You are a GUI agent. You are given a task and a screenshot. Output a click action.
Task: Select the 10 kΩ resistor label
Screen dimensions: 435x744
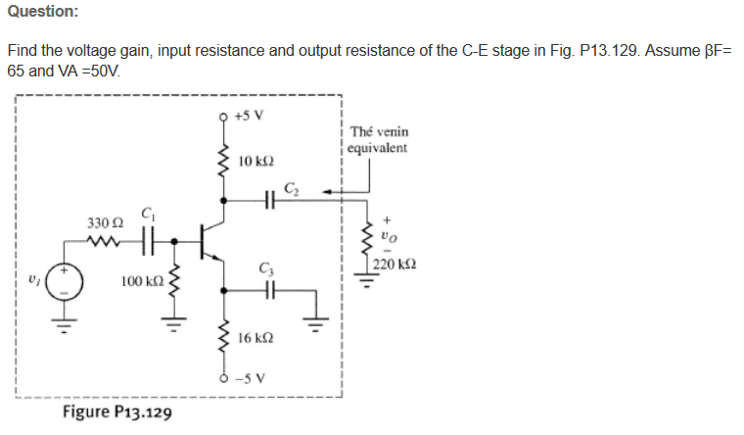[254, 159]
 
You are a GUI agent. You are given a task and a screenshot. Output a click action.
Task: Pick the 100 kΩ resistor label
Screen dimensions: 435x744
[140, 281]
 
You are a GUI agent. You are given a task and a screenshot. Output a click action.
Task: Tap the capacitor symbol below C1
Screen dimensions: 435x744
[149, 239]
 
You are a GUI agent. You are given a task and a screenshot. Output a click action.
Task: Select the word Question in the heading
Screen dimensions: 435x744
[42, 11]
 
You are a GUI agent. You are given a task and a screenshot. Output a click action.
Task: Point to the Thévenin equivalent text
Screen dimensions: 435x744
[385, 139]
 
